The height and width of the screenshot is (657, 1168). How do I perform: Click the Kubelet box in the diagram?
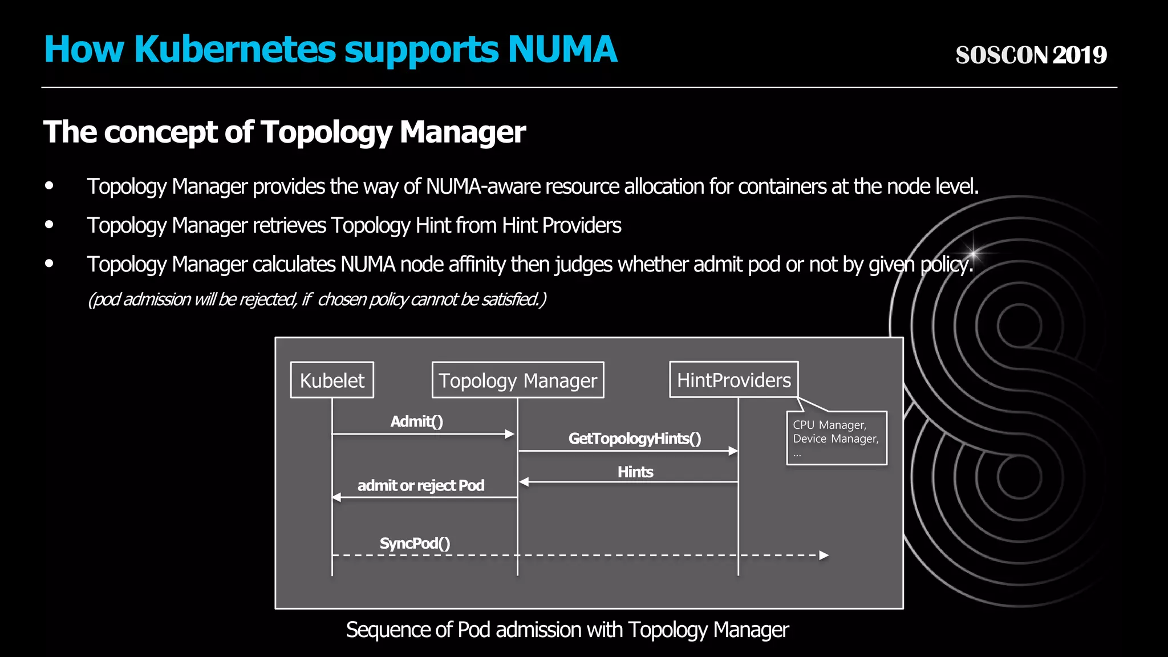tap(332, 380)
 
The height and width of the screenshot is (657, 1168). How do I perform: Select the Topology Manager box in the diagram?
tap(517, 380)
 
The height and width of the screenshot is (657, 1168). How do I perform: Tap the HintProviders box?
tap(733, 380)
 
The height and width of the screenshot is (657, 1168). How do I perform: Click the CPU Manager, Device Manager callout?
tap(836, 438)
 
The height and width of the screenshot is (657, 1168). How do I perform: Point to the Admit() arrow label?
tap(417, 421)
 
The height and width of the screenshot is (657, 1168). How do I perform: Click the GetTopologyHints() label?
tap(635, 439)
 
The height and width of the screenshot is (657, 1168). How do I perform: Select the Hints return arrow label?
tap(635, 472)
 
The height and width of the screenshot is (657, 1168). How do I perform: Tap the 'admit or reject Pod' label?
tap(421, 485)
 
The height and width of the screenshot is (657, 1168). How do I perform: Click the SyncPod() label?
tap(415, 543)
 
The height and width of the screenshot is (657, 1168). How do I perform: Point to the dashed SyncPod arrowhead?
tap(824, 555)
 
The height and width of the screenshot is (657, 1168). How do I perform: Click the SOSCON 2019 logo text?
tap(1031, 55)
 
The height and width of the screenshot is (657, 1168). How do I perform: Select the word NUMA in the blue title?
tap(562, 49)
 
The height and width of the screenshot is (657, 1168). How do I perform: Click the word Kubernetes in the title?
tap(235, 49)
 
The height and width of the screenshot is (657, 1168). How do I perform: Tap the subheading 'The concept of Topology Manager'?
tap(285, 132)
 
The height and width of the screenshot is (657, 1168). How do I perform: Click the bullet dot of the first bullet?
tap(50, 186)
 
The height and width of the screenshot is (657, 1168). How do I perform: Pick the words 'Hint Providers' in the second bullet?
tap(561, 225)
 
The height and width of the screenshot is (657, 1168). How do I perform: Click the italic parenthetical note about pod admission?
tap(317, 299)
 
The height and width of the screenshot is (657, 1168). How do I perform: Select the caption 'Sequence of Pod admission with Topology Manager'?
tap(567, 630)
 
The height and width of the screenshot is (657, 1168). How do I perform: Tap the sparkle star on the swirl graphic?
tap(974, 252)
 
